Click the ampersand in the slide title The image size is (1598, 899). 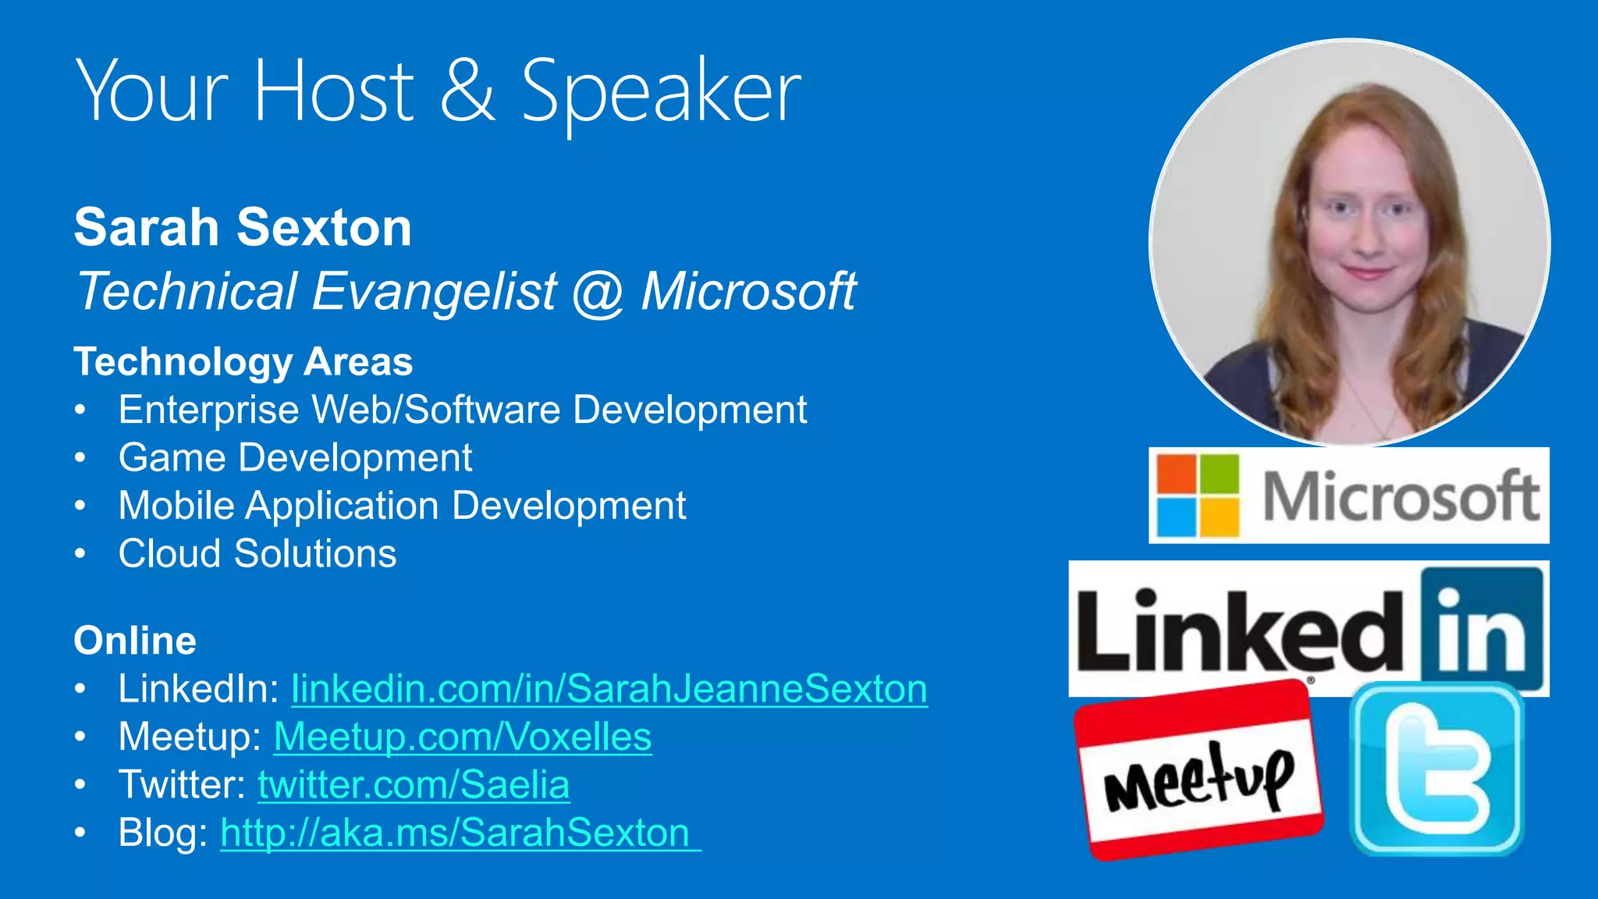tap(467, 92)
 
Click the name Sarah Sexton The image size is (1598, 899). tap(243, 228)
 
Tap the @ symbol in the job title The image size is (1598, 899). tap(598, 293)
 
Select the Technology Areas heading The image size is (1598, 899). tap(243, 362)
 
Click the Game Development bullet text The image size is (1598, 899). tap(295, 458)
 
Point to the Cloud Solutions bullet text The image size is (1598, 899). tap(257, 554)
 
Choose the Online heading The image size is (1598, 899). tap(135, 641)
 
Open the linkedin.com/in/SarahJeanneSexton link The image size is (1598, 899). tap(609, 689)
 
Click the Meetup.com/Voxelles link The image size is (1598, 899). tap(462, 737)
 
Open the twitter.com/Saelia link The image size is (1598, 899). tap(413, 785)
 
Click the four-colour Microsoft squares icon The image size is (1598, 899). tap(1198, 496)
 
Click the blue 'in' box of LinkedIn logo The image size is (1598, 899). tap(1480, 629)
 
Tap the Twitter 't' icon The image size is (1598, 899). tap(1436, 769)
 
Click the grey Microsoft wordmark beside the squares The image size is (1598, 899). tap(1401, 496)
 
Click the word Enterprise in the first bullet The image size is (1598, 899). tap(208, 410)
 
